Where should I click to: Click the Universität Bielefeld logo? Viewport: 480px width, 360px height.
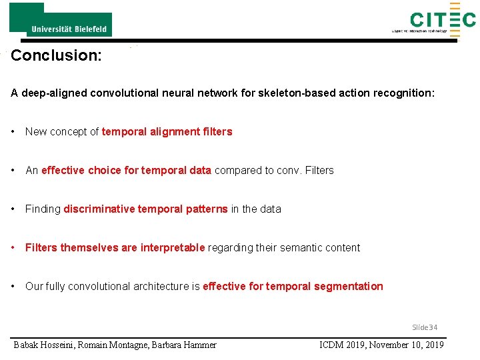61,20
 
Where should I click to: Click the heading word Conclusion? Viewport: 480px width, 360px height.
56,55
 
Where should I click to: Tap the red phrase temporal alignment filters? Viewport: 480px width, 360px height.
167,132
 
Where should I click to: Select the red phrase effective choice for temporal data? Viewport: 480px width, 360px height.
126,171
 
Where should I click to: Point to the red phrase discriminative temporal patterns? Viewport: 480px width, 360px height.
145,209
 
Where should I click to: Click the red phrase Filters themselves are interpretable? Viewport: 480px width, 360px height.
115,248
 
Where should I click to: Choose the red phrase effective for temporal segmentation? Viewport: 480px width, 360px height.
293,287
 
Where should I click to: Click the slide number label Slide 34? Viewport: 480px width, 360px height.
425,327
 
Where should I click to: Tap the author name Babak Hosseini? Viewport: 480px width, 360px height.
43,345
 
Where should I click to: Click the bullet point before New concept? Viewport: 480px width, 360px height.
14,132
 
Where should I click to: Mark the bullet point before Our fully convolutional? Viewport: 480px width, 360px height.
14,287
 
